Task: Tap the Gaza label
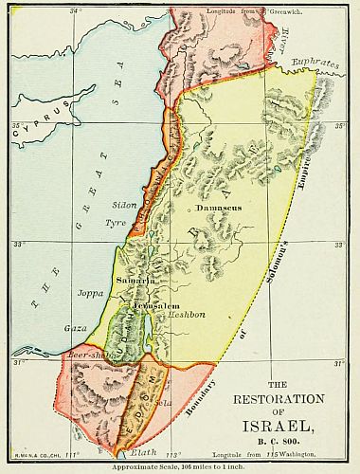(x=73, y=327)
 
